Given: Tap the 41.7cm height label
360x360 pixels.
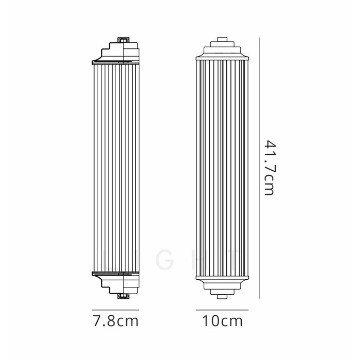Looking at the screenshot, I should coord(268,166).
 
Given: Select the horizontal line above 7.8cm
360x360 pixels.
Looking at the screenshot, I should coord(115,310).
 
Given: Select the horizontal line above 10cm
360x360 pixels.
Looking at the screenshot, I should coord(222,310).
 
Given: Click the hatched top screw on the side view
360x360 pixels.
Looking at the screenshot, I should coord(124,39).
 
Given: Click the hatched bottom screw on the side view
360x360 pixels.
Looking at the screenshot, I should coord(124,295).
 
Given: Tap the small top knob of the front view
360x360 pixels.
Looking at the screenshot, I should coord(222,39).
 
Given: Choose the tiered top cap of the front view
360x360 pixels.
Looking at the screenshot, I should coord(222,48).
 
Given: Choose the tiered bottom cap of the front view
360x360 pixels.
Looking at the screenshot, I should coord(222,285).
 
